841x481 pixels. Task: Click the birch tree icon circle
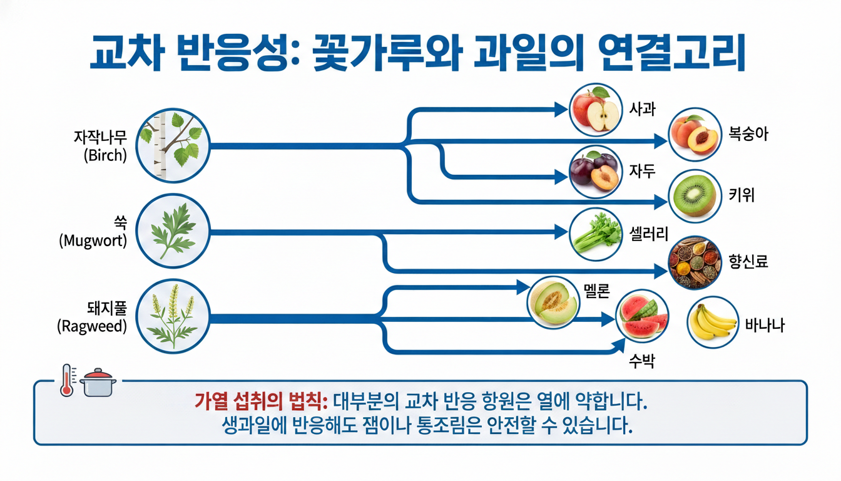tap(171, 145)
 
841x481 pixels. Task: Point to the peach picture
tap(695, 134)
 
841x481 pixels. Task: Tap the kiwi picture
tap(695, 195)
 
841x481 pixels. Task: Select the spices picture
tap(695, 262)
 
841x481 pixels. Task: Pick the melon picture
tap(553, 301)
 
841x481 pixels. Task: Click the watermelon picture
tap(643, 318)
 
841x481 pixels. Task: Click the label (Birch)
tap(104, 155)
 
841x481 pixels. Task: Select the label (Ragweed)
tap(92, 326)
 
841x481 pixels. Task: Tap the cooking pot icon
tap(98, 382)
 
